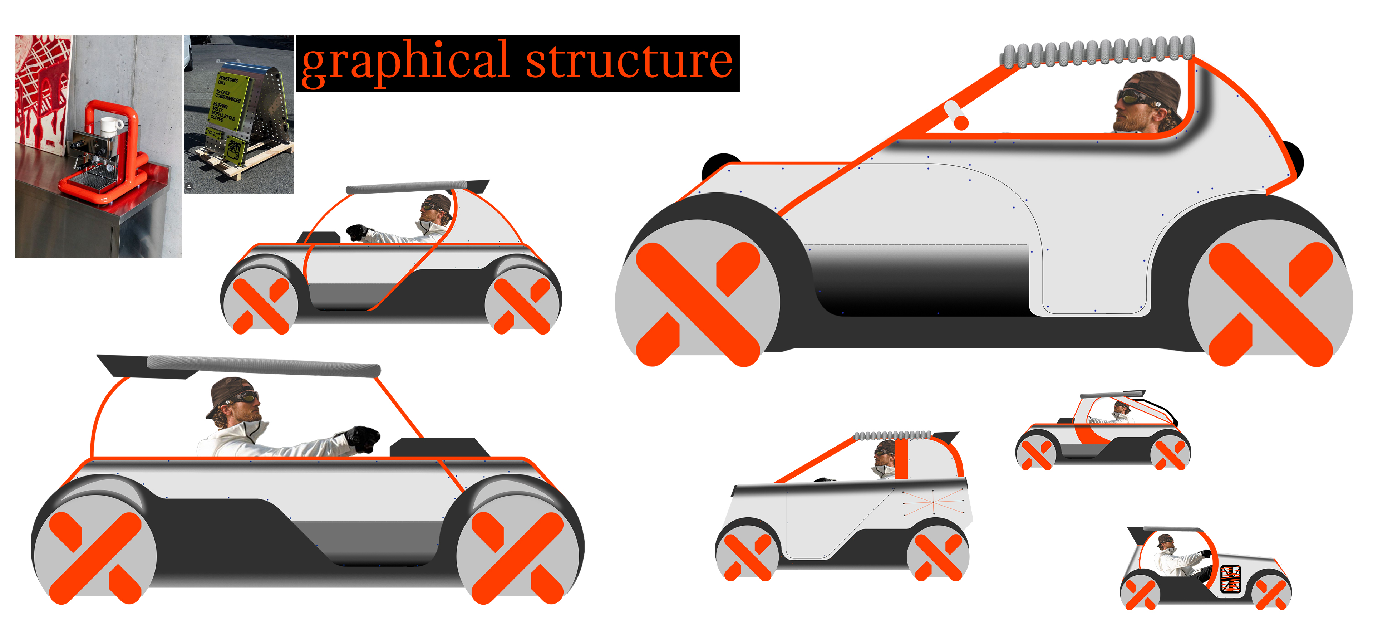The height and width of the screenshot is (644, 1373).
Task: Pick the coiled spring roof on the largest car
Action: tap(1098, 53)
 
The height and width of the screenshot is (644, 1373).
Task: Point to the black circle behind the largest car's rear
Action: tap(1295, 157)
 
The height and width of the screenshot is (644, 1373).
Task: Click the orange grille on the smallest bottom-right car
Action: tap(1230, 579)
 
